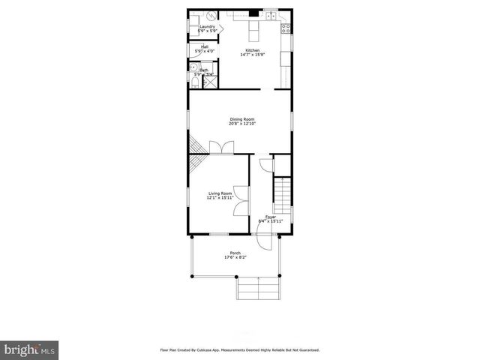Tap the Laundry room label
[207, 27]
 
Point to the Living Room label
[219, 193]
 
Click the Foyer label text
[270, 217]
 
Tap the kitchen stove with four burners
[285, 29]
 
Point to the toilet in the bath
[193, 81]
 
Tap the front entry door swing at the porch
[263, 241]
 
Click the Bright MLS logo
[29, 349]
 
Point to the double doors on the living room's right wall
[240, 201]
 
